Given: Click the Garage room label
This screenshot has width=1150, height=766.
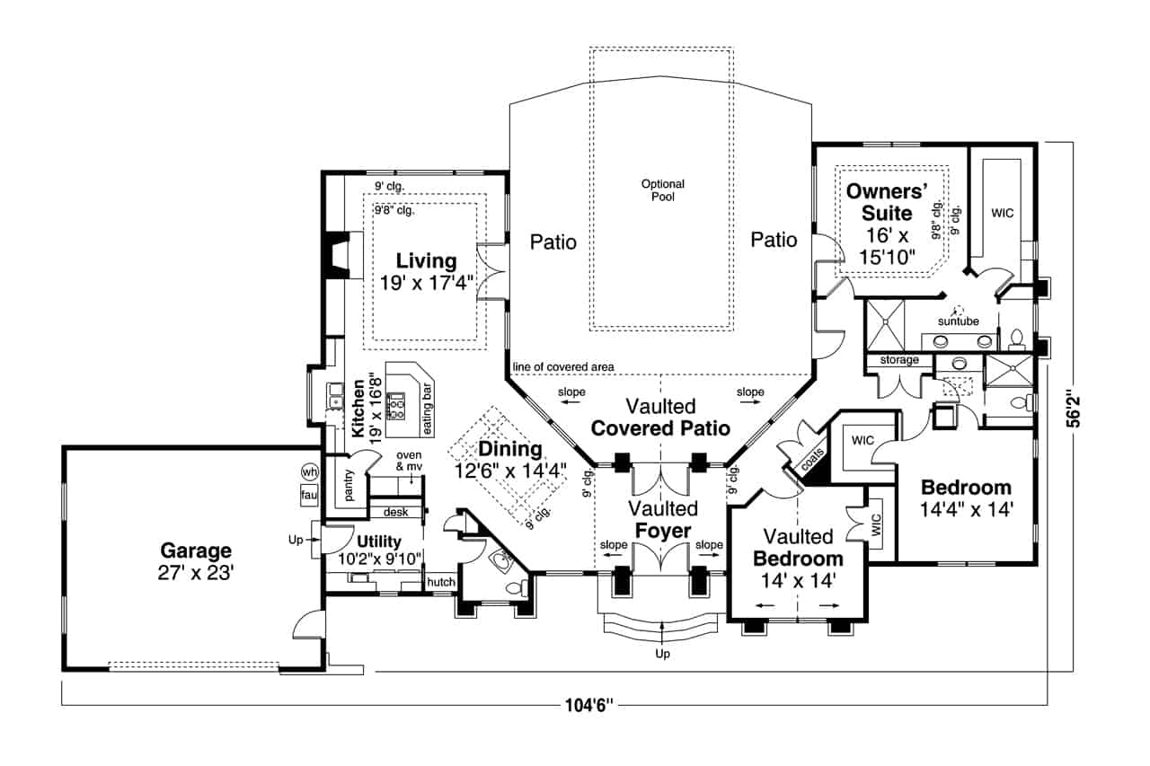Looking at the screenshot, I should (x=196, y=550).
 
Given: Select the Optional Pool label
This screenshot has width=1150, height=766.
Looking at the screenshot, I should (x=663, y=190).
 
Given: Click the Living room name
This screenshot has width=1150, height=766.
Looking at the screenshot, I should (x=427, y=261).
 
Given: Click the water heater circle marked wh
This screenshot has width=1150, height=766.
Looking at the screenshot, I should (x=310, y=472).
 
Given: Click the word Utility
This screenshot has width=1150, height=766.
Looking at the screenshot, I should (x=378, y=541).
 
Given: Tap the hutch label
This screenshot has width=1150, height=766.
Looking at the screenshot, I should (x=440, y=583).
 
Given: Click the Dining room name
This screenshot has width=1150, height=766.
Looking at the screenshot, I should (x=510, y=449).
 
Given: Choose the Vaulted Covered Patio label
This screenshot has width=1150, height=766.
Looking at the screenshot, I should (x=660, y=418).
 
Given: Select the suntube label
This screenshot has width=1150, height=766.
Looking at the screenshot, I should (x=958, y=321).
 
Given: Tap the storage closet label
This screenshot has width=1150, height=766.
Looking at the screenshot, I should (x=899, y=360).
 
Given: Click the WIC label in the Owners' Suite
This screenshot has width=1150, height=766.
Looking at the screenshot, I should (x=1002, y=214).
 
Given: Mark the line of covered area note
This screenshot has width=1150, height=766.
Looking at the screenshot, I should (x=563, y=367).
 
